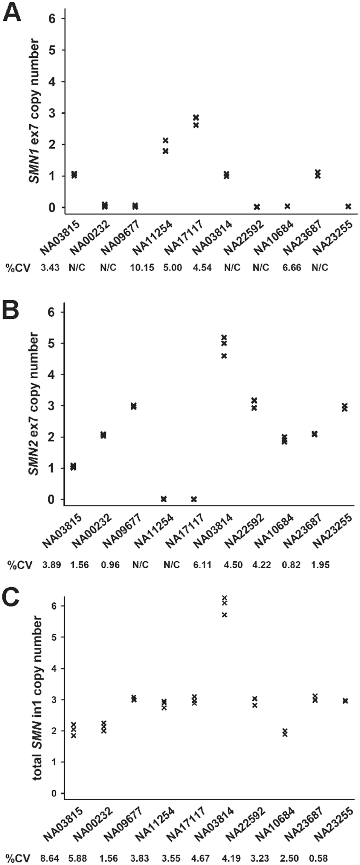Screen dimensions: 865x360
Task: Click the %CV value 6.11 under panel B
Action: click(x=203, y=565)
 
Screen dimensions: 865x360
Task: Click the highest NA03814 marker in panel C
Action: click(x=224, y=598)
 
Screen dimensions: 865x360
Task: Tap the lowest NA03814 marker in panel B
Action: click(x=224, y=356)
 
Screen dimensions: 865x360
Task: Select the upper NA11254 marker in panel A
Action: click(x=165, y=141)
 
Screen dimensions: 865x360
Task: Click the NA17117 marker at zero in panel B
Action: click(x=194, y=499)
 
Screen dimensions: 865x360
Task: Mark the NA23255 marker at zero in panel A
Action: click(x=348, y=206)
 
